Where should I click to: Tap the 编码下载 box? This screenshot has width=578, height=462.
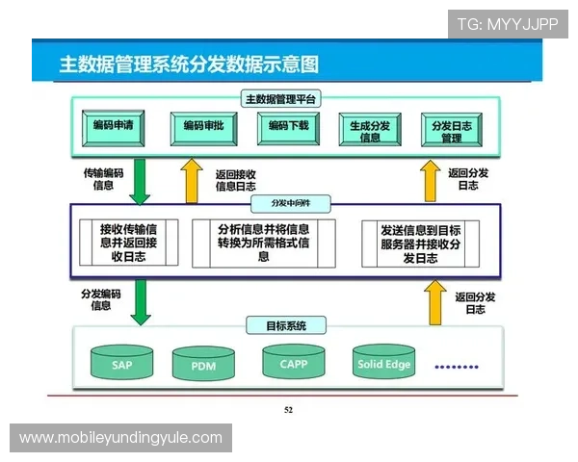click(287, 127)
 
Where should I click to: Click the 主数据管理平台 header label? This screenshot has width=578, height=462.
click(281, 99)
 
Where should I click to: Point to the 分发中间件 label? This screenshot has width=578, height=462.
click(288, 203)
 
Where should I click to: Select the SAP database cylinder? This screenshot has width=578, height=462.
click(121, 363)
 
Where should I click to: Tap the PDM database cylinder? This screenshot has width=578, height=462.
click(203, 365)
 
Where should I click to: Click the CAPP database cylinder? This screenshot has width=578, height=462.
click(293, 362)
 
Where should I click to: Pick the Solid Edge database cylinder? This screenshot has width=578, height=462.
click(384, 363)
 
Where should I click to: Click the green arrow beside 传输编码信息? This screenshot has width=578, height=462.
click(141, 181)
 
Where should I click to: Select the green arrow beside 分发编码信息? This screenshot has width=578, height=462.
click(141, 301)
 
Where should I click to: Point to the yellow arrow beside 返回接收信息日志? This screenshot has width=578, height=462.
click(192, 181)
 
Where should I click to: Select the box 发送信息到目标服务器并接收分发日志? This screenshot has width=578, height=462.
click(421, 244)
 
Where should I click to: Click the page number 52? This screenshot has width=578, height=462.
click(288, 410)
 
